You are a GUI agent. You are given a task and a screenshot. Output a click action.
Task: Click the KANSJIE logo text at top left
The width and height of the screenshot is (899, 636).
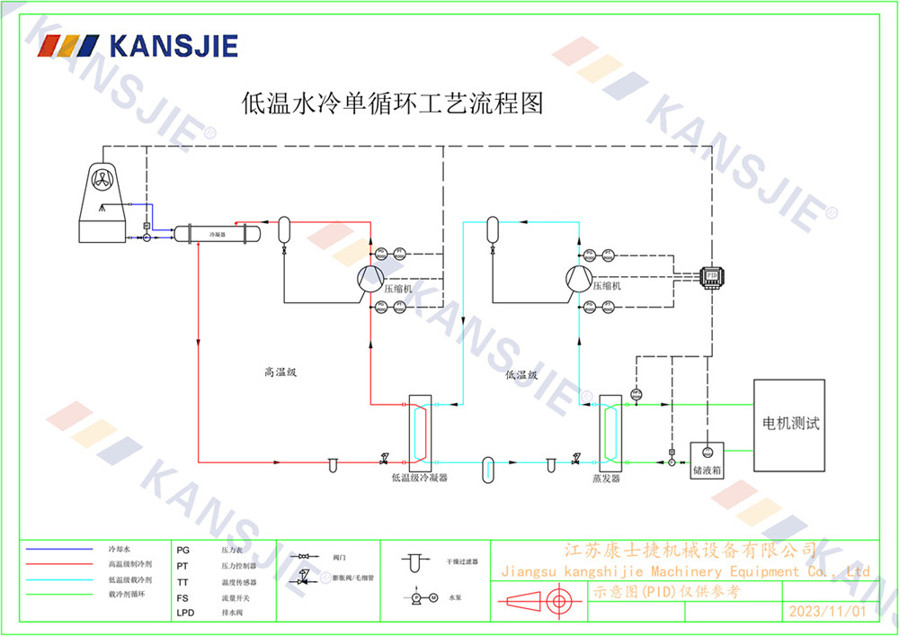(173, 45)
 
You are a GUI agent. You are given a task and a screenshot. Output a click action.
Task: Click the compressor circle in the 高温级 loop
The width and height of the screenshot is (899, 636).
(369, 280)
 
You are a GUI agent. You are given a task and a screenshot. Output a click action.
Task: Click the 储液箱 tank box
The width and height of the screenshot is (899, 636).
(707, 459)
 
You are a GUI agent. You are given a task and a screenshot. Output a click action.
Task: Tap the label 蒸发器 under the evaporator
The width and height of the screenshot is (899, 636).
(607, 478)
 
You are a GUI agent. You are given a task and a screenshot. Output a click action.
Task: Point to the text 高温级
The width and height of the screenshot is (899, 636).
(280, 372)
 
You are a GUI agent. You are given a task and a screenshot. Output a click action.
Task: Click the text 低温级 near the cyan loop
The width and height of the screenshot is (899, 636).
(521, 375)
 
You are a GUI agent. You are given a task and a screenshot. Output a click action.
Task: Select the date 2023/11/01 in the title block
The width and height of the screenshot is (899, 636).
(826, 611)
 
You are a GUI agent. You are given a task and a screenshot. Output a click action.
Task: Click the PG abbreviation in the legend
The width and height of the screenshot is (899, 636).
(183, 549)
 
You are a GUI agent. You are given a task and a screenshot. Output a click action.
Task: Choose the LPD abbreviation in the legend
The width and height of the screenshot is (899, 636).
(185, 613)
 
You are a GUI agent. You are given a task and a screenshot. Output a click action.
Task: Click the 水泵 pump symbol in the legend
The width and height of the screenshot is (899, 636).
(418, 597)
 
